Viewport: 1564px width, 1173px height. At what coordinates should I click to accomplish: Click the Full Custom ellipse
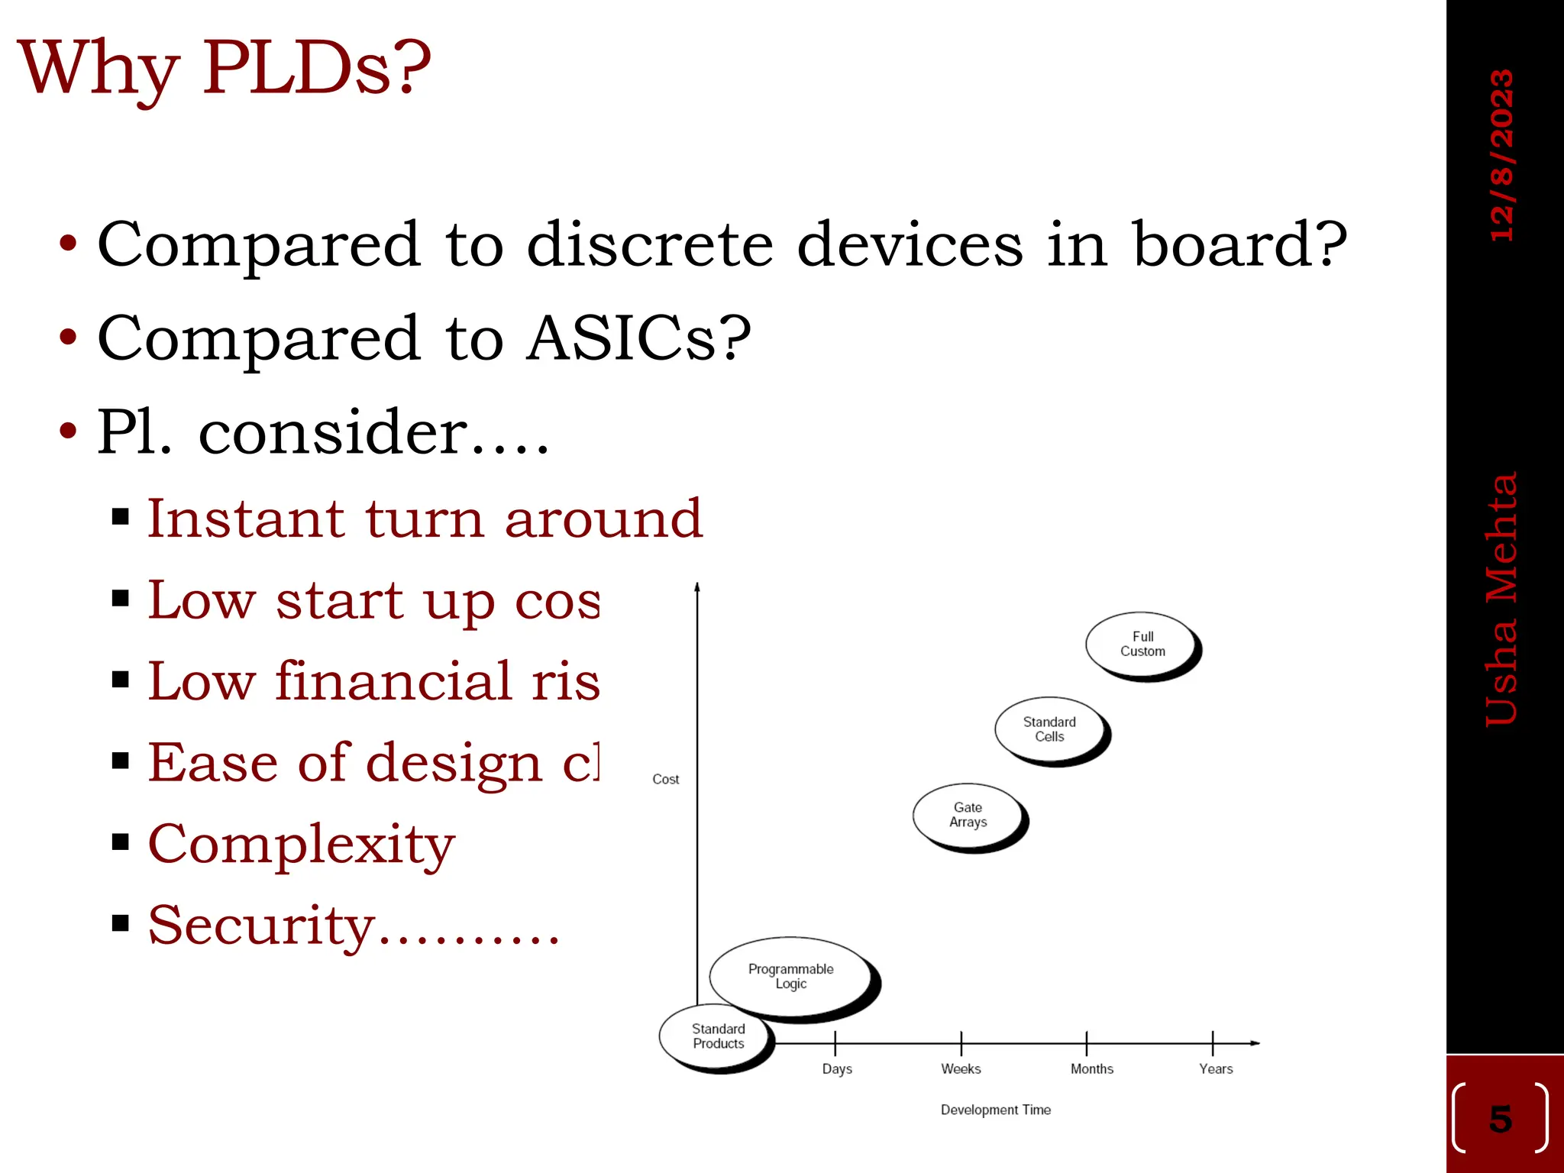(x=1142, y=645)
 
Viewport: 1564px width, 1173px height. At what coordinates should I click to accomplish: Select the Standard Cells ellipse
(x=1049, y=729)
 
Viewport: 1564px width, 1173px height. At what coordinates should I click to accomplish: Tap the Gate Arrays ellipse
(x=968, y=815)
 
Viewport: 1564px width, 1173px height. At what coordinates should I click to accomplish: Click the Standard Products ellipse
(x=717, y=1037)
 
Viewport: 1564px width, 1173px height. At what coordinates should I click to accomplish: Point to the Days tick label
(x=837, y=1069)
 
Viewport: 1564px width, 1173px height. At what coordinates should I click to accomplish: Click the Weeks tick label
(x=961, y=1069)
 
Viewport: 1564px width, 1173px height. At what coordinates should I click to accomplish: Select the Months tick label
(x=1091, y=1069)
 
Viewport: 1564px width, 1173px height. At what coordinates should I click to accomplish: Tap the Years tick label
(x=1216, y=1069)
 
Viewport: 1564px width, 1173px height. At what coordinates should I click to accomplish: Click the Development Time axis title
(x=995, y=1110)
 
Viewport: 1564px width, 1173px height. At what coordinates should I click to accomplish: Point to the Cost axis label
(x=665, y=779)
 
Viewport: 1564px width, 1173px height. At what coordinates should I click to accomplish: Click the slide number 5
(x=1500, y=1119)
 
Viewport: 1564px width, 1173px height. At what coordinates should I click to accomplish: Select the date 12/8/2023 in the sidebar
(x=1501, y=156)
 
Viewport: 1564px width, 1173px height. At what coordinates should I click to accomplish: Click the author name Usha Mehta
(x=1501, y=599)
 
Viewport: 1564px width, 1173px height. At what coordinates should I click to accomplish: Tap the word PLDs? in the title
(x=316, y=69)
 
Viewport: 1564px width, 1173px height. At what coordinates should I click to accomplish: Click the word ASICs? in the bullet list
(x=638, y=338)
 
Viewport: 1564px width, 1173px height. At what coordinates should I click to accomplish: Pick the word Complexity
(x=301, y=845)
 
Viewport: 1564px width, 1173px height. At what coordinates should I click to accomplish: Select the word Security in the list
(x=261, y=926)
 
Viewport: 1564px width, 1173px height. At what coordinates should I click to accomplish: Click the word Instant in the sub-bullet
(x=245, y=519)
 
